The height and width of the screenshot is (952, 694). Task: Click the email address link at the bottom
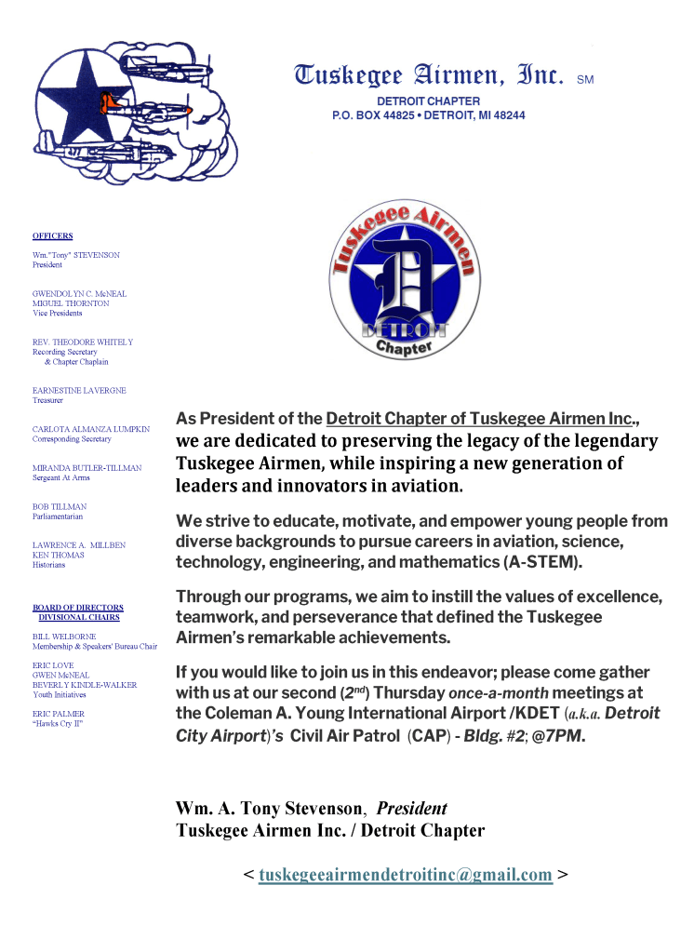[406, 875]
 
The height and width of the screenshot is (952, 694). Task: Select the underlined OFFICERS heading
[52, 236]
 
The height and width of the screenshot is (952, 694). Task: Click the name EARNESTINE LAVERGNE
[79, 391]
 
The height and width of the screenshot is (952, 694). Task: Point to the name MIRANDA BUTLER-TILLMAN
[87, 468]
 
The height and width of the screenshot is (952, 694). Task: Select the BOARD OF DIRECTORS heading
[78, 608]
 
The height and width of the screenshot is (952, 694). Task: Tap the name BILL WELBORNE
[64, 637]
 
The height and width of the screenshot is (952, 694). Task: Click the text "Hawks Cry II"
[58, 723]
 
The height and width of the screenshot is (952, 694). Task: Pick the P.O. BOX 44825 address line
[428, 115]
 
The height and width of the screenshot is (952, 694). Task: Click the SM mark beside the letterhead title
[585, 80]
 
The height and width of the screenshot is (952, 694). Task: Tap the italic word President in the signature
[411, 809]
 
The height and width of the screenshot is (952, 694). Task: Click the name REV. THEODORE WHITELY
[83, 342]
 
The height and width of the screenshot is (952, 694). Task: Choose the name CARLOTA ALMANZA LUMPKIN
[91, 429]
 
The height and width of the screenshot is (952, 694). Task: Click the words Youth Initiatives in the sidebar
[60, 694]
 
